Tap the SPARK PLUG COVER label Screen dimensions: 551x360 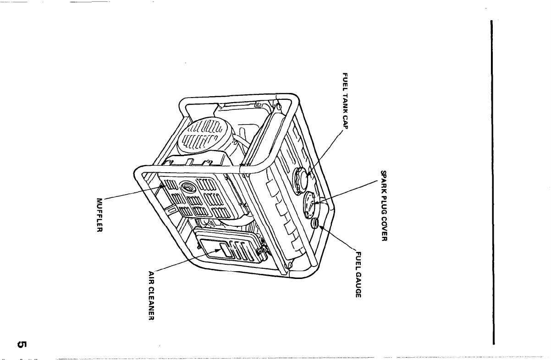click(x=384, y=206)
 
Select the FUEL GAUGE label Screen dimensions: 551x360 click(x=359, y=275)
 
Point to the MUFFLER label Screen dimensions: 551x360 click(x=99, y=215)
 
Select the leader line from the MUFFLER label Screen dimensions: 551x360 click(x=133, y=193)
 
